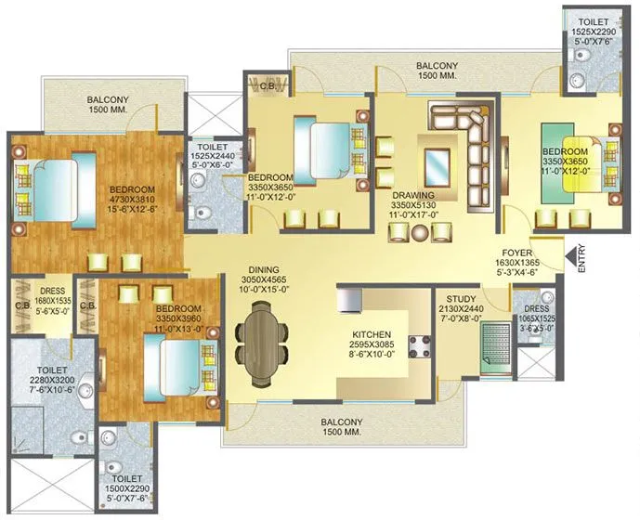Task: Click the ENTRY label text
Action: (581, 260)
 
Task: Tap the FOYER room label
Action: (517, 252)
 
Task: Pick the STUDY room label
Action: (461, 299)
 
